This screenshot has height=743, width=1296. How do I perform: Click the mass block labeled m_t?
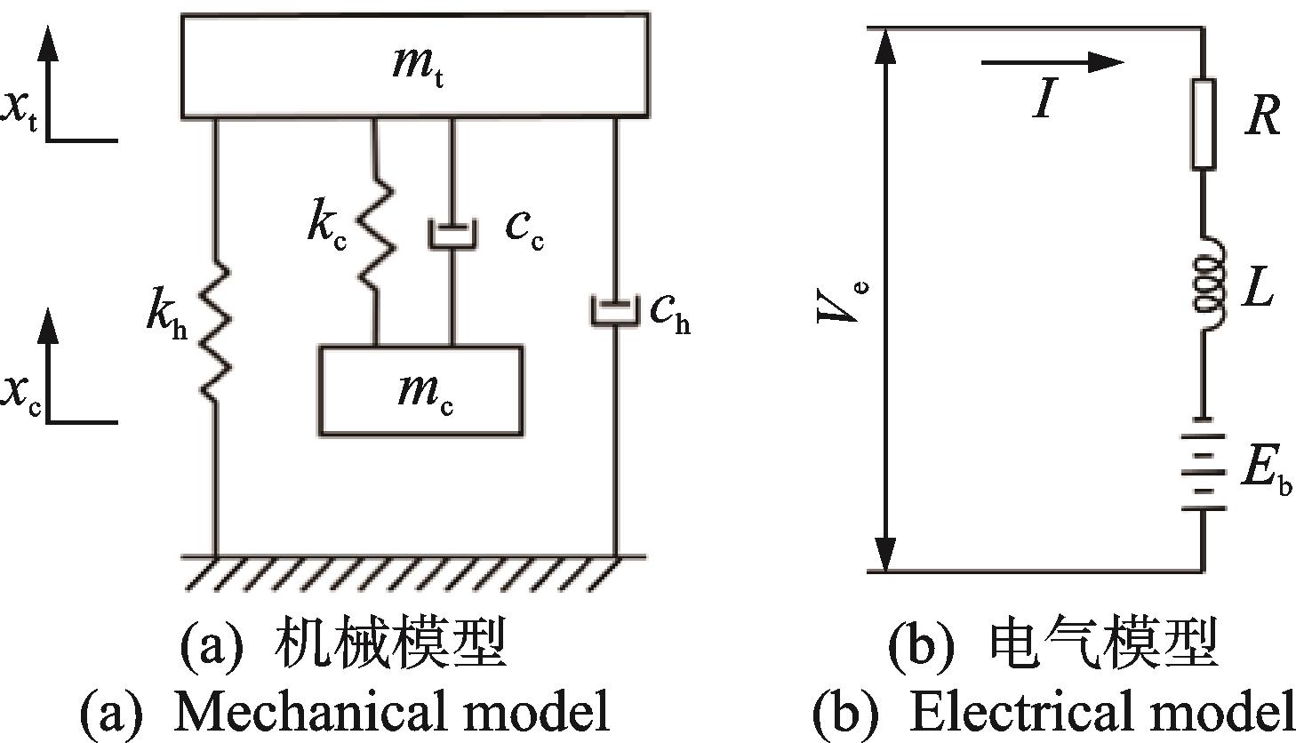point(415,66)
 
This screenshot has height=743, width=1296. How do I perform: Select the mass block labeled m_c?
point(421,390)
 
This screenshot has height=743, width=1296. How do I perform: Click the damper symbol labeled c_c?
point(452,235)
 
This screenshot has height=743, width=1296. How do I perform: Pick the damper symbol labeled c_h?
point(615,311)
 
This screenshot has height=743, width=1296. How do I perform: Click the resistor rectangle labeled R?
point(1204,124)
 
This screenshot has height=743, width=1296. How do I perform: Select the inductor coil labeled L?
point(1208,284)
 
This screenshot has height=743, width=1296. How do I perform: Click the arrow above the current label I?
point(1052,62)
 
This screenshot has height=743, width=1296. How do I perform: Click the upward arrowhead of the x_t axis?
point(48,44)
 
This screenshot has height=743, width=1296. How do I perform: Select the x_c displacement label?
point(20,395)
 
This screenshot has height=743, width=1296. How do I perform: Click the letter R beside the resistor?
point(1263,116)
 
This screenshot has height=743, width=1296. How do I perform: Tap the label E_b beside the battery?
point(1266,472)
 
